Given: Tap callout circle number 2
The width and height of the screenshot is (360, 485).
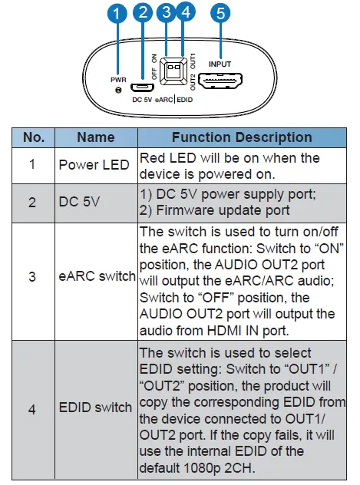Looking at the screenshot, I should (x=141, y=12).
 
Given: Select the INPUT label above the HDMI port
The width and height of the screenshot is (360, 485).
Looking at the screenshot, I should (x=220, y=64).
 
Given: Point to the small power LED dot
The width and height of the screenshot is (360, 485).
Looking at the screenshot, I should (x=117, y=91).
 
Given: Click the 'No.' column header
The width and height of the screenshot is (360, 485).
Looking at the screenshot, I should (x=34, y=137).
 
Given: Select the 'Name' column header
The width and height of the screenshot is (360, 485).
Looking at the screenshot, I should (x=96, y=137).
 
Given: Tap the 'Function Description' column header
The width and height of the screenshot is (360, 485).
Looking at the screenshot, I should (x=241, y=137).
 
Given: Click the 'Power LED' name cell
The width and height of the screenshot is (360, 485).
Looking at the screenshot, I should (x=90, y=164).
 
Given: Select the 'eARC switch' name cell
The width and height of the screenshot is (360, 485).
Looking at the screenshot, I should (x=97, y=276).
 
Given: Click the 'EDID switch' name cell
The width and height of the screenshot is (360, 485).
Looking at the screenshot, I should (x=95, y=407).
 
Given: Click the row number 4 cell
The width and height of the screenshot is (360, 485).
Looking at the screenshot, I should (x=31, y=407).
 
